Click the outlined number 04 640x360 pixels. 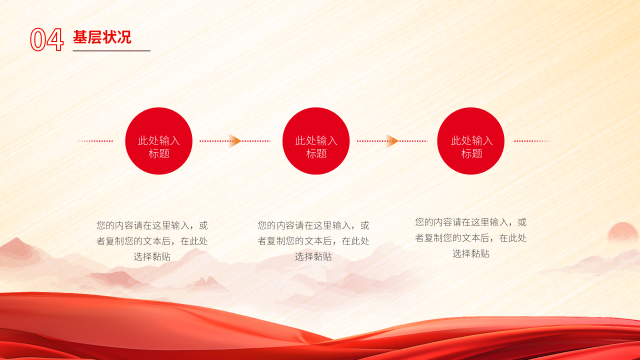(x=46, y=39)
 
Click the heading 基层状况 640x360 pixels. (x=102, y=37)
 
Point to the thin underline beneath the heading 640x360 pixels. (x=111, y=51)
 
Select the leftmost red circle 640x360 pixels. (x=159, y=141)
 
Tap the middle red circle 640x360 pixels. (x=316, y=141)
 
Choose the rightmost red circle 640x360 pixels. (x=471, y=141)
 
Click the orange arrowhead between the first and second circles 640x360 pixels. (x=235, y=141)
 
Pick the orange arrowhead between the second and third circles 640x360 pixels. (x=392, y=141)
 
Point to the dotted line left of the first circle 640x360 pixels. (x=94, y=141)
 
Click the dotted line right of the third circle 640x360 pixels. (x=532, y=141)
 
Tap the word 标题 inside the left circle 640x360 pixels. (x=159, y=153)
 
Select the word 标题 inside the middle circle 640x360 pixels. (x=316, y=153)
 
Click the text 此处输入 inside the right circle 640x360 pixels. (x=471, y=140)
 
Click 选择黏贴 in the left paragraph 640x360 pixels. (x=152, y=256)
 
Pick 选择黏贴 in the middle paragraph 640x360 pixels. (x=313, y=256)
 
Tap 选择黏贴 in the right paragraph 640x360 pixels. (x=471, y=253)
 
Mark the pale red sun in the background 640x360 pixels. (x=623, y=231)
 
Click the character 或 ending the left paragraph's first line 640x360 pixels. (x=203, y=225)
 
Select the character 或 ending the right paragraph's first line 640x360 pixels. (x=522, y=222)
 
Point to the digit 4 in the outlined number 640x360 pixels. (x=55, y=39)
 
